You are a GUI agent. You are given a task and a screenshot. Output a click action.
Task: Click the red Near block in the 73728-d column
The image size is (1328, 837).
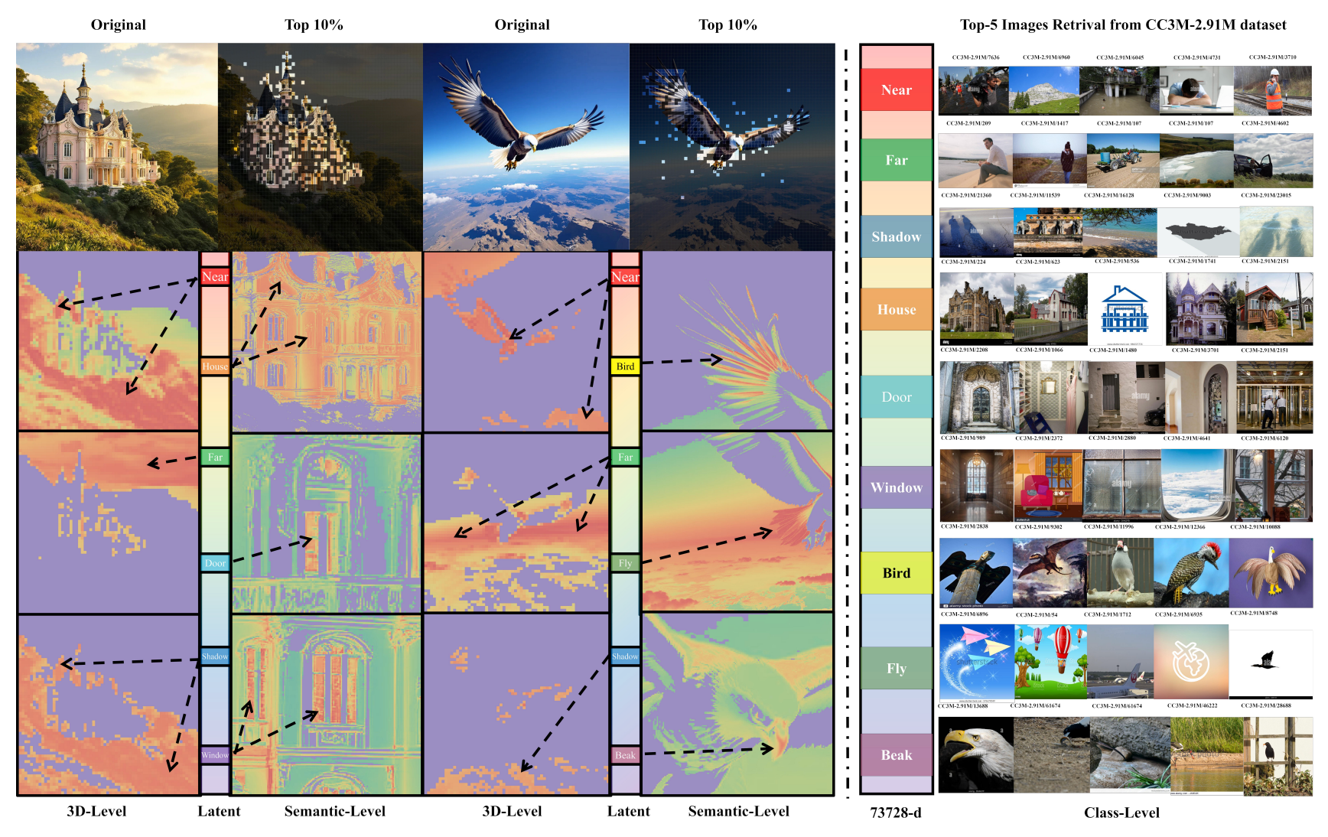(x=896, y=90)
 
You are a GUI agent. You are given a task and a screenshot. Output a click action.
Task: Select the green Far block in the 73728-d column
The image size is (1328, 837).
(x=896, y=160)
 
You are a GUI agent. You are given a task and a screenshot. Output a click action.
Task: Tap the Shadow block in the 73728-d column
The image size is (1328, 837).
(x=896, y=236)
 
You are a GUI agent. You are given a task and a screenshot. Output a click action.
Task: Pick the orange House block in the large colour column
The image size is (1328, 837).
(x=896, y=309)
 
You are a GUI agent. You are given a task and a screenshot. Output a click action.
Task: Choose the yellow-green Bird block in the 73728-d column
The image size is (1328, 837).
(x=896, y=573)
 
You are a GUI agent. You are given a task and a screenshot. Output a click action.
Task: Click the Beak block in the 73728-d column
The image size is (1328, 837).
(x=896, y=755)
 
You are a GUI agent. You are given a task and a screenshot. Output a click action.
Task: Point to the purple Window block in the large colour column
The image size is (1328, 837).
(x=896, y=487)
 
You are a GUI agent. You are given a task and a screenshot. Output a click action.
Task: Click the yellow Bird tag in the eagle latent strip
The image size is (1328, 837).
(x=625, y=366)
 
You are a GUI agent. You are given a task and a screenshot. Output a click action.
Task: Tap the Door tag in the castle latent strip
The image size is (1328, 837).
(x=215, y=563)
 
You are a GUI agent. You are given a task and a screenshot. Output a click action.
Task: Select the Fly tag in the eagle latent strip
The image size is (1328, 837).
(x=625, y=563)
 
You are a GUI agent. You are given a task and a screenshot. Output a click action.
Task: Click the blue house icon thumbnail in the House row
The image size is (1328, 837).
(x=1125, y=309)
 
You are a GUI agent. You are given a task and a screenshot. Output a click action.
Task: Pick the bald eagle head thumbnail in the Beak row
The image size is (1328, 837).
(x=975, y=754)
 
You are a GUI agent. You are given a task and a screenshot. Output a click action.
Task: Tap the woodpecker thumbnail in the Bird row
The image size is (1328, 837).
(x=1191, y=573)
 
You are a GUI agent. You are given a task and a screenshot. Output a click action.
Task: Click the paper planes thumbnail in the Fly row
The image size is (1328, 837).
(x=975, y=663)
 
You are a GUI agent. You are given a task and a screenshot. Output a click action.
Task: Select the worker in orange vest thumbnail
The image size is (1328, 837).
(x=1274, y=90)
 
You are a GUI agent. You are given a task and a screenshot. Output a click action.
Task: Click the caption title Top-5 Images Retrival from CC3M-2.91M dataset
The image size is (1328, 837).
(x=1122, y=24)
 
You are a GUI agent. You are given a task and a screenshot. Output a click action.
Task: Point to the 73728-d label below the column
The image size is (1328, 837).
(x=895, y=813)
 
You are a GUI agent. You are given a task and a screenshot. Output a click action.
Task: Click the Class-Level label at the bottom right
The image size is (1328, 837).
(x=1121, y=813)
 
